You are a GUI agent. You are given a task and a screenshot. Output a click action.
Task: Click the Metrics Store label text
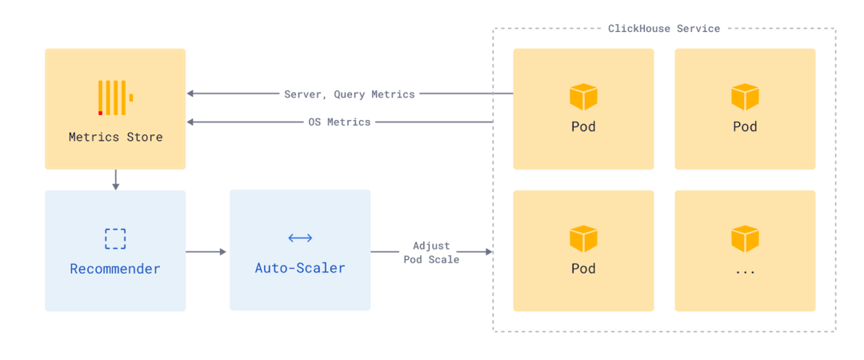115,137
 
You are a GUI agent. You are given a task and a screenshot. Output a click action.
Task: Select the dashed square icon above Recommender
115,238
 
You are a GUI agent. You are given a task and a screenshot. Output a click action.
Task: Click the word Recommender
115,269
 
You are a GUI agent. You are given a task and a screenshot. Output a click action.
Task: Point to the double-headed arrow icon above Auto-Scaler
300,238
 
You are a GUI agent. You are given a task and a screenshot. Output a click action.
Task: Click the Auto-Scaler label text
300,268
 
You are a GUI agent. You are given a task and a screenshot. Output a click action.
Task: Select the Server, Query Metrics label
350,94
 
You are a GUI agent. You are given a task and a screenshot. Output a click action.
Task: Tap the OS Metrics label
339,122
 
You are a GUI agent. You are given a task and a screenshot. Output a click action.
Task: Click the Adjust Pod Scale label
431,253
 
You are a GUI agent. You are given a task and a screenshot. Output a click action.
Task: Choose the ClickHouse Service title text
664,29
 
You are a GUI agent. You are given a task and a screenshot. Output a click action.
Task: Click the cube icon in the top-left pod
583,97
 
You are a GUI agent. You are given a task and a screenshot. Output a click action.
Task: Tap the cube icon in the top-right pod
745,97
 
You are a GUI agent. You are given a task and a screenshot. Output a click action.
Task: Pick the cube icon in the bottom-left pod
583,238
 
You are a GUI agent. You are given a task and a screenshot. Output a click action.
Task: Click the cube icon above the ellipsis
745,238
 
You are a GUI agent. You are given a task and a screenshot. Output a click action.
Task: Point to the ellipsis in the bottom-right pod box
745,271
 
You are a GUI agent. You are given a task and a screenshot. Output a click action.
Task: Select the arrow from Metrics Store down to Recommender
115,180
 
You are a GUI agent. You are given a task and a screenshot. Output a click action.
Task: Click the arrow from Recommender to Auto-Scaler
207,252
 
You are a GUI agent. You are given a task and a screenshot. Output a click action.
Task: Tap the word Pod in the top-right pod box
745,126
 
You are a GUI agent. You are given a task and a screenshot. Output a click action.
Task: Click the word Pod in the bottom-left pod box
583,269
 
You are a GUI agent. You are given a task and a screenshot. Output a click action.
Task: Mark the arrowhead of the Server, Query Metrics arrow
190,94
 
